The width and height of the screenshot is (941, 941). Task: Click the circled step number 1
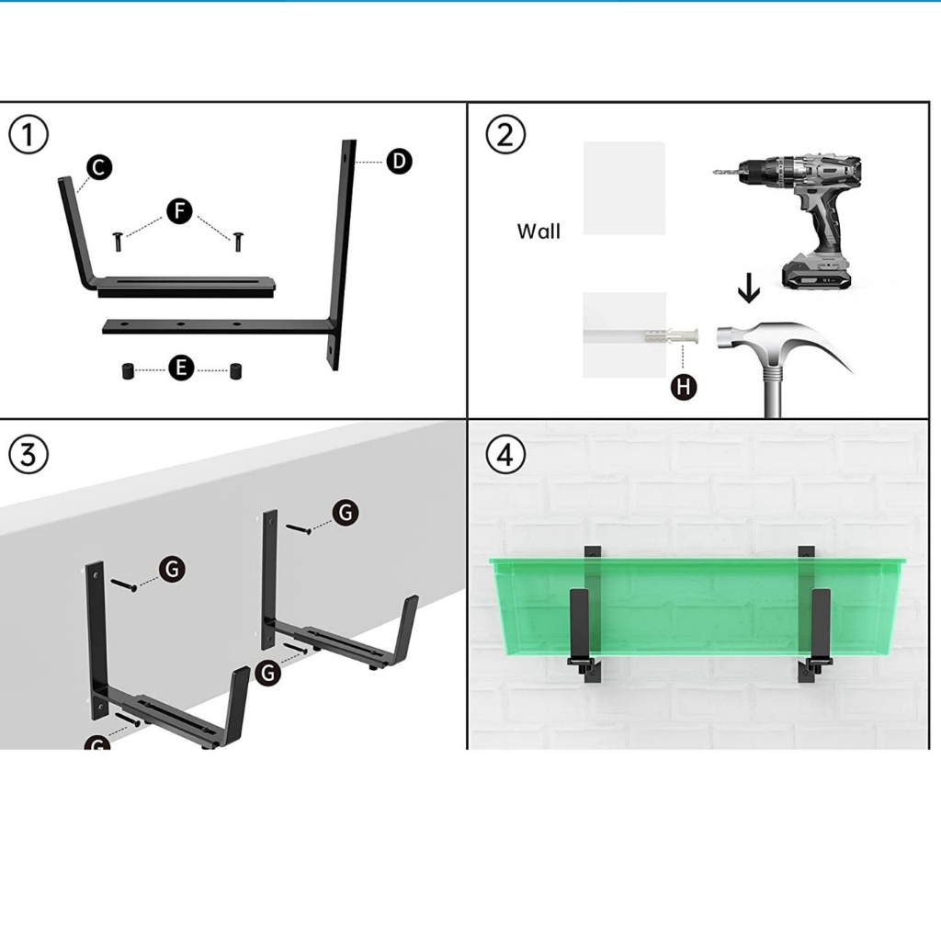pos(28,134)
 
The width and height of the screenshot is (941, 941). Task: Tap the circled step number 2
pos(505,134)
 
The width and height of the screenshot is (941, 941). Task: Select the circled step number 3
pos(28,454)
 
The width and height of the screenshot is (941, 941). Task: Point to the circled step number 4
pos(505,454)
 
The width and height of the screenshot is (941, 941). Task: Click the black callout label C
pos(99,167)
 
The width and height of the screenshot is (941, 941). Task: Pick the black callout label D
pos(399,162)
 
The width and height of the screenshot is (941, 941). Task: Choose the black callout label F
pos(179,211)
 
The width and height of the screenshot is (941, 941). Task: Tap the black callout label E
pos(181,368)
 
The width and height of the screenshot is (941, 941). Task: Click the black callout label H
pos(684,387)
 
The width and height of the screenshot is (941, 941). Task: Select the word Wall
pos(539,232)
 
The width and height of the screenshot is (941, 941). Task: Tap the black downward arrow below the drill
pos(748,288)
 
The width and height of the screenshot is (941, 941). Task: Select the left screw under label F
pos(118,242)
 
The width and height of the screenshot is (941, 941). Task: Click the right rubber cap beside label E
pos(236,370)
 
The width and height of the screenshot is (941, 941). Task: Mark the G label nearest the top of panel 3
pos(346,513)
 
